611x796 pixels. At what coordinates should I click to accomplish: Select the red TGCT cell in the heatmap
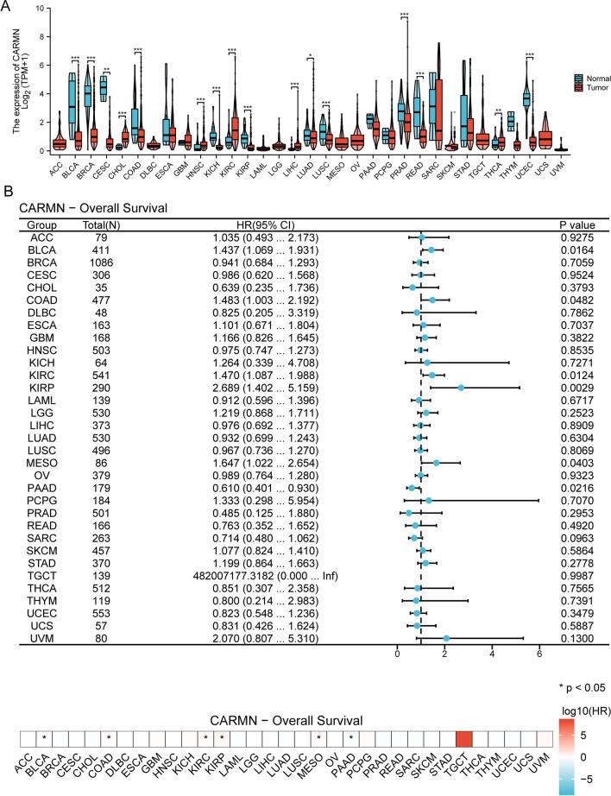pos(463,738)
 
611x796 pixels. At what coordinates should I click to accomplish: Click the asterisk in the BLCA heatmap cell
pos(43,739)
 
